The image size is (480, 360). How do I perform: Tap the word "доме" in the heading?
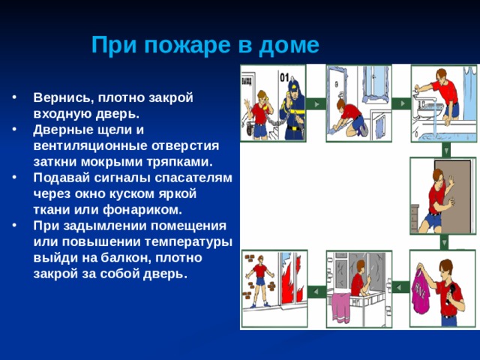tap(289, 45)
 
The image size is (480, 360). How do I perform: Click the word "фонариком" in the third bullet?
tap(142, 210)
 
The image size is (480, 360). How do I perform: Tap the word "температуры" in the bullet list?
tap(188, 242)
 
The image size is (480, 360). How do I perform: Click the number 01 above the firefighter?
tap(284, 78)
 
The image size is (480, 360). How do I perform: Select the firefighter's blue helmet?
tap(294, 85)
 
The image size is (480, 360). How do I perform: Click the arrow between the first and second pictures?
tap(316, 104)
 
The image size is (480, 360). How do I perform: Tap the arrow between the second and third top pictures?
tap(401, 103)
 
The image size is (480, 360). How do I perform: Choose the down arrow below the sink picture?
tap(446, 150)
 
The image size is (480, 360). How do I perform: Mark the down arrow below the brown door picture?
tap(444, 242)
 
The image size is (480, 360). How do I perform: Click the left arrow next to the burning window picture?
tap(316, 291)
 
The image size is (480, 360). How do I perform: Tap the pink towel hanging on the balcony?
tap(341, 308)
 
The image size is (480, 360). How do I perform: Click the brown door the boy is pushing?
tap(454, 196)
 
